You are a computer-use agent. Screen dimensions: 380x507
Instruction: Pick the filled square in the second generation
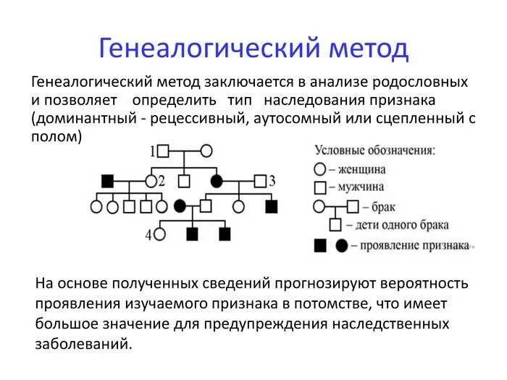coord(108,180)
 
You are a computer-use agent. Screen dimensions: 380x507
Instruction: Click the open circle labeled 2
coord(151,180)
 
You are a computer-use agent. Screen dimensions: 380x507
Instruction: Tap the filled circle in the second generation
coord(216,180)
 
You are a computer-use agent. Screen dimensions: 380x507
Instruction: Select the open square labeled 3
coord(260,180)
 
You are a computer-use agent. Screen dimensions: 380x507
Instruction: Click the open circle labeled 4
coord(159,234)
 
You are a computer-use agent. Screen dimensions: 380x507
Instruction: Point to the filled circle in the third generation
coord(180,207)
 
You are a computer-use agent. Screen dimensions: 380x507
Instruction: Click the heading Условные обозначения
coord(374,151)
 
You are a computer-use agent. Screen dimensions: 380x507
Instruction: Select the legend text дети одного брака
coord(403,226)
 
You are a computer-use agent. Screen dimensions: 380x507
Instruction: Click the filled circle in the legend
coord(341,245)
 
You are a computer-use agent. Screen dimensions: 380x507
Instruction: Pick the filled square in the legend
coord(319,245)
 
